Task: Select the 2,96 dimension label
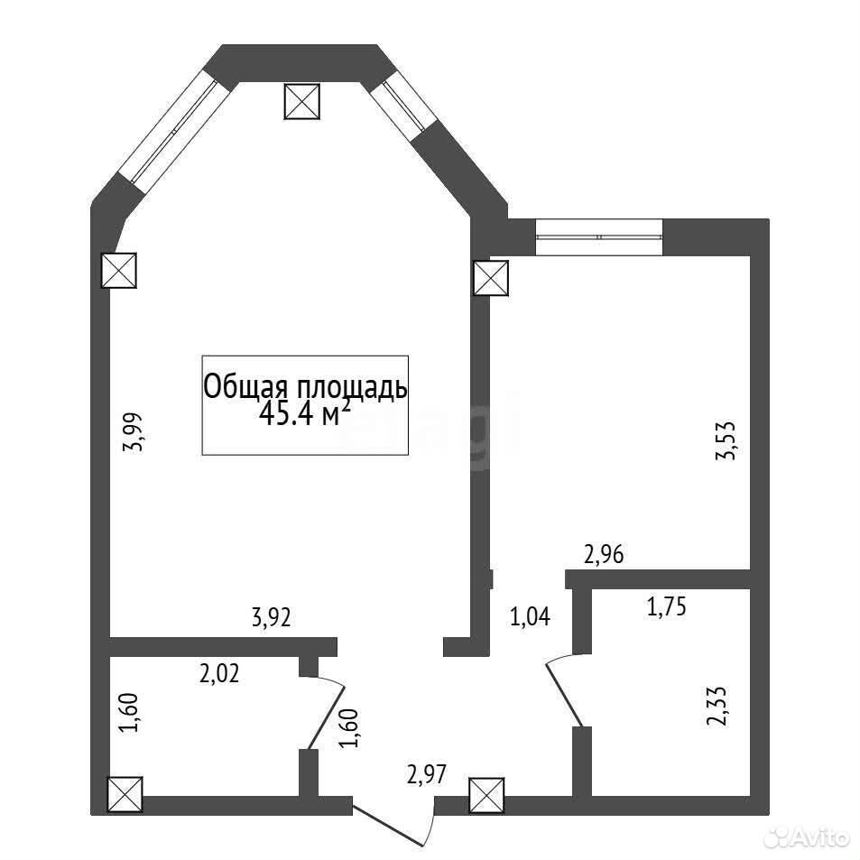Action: point(604,555)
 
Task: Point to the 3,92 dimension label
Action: point(271,618)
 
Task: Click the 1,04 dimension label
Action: point(530,617)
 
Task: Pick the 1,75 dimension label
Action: point(666,607)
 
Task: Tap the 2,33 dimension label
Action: point(717,707)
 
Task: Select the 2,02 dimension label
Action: point(219,673)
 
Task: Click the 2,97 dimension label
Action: point(427,775)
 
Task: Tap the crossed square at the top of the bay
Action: point(301,101)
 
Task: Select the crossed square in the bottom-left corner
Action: point(126,795)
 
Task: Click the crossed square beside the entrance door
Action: point(487,795)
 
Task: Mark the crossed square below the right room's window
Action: point(491,278)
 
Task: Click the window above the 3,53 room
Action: point(599,237)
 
